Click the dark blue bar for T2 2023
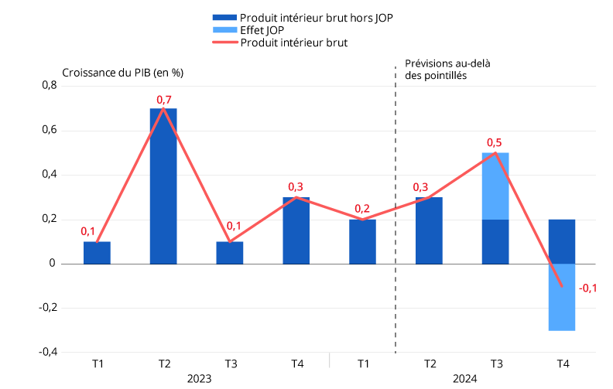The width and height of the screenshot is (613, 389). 163,186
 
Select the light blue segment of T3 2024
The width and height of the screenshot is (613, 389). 495,186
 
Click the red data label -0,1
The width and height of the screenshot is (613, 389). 587,288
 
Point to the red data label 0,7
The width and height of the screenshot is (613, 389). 164,100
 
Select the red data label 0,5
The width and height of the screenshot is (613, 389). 495,142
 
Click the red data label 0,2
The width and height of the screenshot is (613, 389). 362,209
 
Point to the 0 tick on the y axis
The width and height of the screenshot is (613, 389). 53,264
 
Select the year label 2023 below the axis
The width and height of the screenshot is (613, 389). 199,378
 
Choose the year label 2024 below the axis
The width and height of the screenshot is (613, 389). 464,378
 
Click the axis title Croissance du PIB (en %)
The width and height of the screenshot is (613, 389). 122,73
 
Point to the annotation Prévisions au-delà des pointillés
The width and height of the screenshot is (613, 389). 447,70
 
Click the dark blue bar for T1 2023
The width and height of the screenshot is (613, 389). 97,253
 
